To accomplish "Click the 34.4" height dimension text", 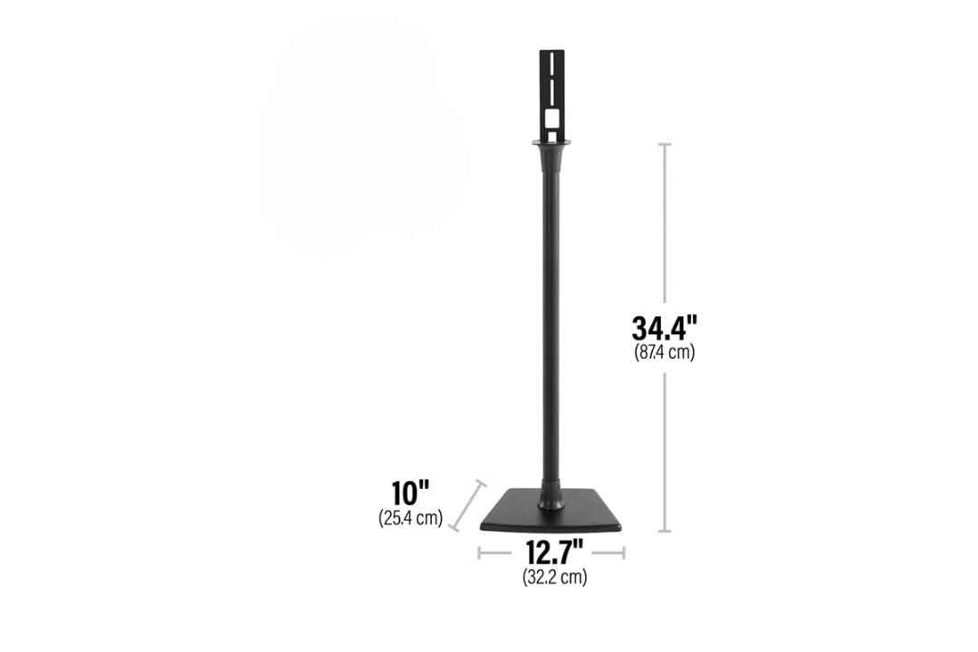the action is coord(665,328).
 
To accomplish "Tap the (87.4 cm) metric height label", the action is coord(665,352).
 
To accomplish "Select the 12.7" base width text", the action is coord(554,552).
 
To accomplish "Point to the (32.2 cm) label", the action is coord(554,577).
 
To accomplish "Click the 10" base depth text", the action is coord(410,493).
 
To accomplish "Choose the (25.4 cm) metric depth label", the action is coord(410,518).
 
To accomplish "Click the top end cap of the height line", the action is coord(665,144).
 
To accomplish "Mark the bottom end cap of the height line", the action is coord(665,531).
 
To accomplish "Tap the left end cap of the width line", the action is coord(479,552).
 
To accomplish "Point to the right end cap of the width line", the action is coord(624,552).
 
